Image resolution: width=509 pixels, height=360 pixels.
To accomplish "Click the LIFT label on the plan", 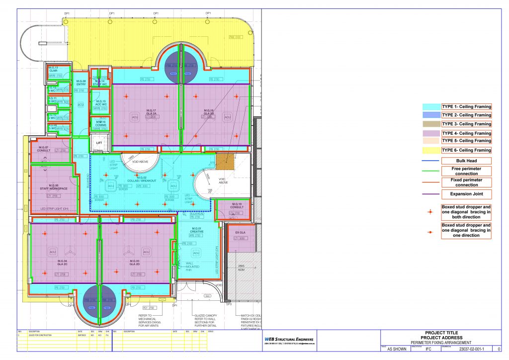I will click(x=98, y=143).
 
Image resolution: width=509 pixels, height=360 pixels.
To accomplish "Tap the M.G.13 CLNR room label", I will click(x=53, y=70).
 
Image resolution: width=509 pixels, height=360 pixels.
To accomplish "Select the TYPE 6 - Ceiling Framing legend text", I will click(x=466, y=150).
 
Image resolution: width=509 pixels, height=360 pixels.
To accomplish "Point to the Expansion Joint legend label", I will click(x=466, y=194).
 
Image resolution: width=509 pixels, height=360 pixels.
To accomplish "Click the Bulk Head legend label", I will click(x=466, y=161).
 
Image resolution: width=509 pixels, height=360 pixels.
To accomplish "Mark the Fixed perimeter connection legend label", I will click(x=466, y=182).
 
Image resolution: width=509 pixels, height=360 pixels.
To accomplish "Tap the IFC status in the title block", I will click(x=428, y=349).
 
